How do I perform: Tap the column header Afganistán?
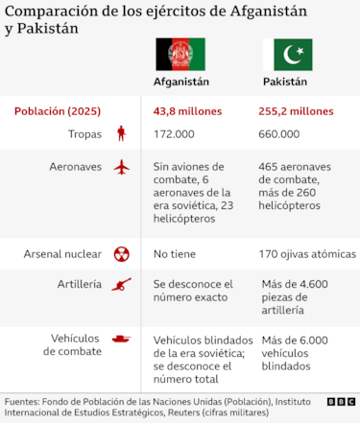[x=181, y=82]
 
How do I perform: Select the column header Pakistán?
[x=285, y=82]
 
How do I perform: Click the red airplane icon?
[x=121, y=167]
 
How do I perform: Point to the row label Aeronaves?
[x=75, y=167]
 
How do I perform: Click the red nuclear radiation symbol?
[x=121, y=254]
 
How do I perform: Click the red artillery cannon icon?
[x=121, y=284]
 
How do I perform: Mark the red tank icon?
[x=121, y=338]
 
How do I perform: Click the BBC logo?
[x=340, y=401]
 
